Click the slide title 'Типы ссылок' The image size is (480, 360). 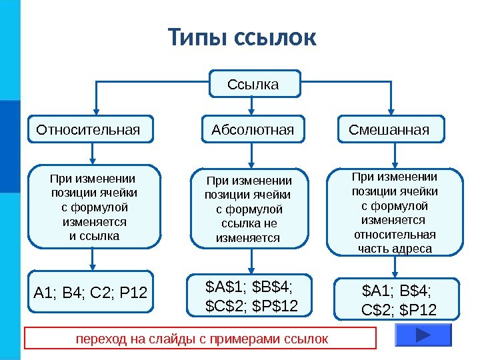tap(241, 37)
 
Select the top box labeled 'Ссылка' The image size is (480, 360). tap(253, 85)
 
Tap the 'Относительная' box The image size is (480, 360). tap(90, 129)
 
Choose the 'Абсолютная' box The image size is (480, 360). tap(253, 129)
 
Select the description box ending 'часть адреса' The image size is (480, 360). tap(396, 213)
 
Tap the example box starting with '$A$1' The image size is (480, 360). tap(250, 295)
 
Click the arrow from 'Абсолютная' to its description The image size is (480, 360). tap(251, 155)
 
